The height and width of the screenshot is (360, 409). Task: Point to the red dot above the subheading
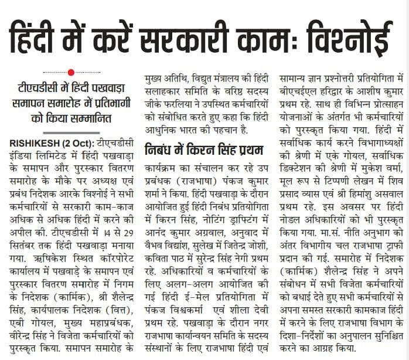[x=71, y=72]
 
